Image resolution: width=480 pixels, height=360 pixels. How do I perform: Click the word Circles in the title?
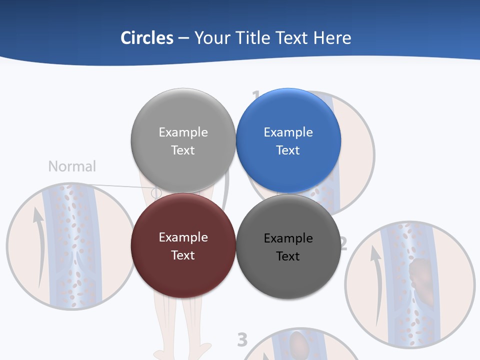tap(147, 38)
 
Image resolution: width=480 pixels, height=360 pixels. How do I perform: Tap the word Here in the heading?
tap(332, 38)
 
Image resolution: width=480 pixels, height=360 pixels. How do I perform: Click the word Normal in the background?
tap(72, 166)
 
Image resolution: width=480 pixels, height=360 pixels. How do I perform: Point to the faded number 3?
tap(242, 339)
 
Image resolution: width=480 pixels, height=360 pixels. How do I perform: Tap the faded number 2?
tap(342, 243)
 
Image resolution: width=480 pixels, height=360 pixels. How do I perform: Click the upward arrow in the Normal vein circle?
tap(38, 245)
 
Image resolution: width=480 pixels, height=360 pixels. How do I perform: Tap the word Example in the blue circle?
tap(288, 132)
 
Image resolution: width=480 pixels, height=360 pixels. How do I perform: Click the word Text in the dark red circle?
tap(183, 255)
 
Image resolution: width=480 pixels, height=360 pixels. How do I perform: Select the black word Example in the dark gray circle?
tap(288, 238)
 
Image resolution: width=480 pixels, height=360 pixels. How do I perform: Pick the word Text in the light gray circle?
tap(183, 150)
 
